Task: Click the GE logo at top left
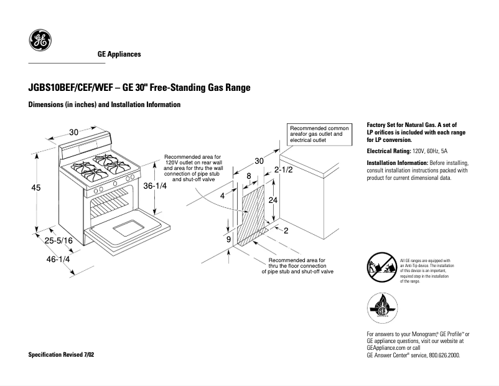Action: coord(40,41)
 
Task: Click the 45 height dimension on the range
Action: coord(36,187)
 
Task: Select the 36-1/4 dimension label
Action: coord(156,186)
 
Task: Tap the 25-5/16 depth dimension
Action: coord(58,240)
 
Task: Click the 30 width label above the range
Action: coord(74,132)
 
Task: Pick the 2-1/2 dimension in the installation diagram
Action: coord(283,169)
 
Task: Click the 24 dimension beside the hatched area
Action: coord(273,200)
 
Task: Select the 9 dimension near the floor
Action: coord(229,239)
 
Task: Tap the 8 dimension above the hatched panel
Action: coord(249,176)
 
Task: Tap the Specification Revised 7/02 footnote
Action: coord(62,354)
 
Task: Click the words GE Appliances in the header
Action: coord(119,54)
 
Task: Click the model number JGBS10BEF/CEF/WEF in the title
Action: coord(70,88)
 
